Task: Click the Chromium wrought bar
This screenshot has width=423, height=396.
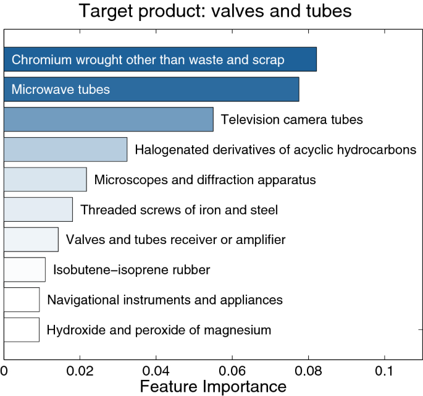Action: pyautogui.click(x=160, y=59)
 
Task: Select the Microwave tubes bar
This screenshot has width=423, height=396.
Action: pyautogui.click(x=151, y=89)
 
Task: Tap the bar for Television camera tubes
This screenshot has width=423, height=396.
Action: pyautogui.click(x=109, y=119)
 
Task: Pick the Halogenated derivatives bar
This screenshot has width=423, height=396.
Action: pyautogui.click(x=65, y=150)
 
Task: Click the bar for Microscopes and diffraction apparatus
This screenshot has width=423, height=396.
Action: pyautogui.click(x=45, y=179)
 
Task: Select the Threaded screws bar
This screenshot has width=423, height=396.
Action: pyautogui.click(x=38, y=209)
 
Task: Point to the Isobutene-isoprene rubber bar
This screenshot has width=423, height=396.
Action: pyautogui.click(x=25, y=269)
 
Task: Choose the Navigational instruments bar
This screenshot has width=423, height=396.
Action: pyautogui.click(x=22, y=300)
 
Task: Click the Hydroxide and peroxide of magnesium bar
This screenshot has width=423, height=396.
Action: pyautogui.click(x=22, y=329)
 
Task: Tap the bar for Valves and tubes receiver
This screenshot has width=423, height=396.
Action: pyautogui.click(x=31, y=239)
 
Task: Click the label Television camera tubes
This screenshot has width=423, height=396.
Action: pyautogui.click(x=291, y=119)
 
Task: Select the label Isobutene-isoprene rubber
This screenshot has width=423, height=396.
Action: pyautogui.click(x=132, y=270)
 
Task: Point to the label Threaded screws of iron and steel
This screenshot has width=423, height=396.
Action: pyautogui.click(x=179, y=210)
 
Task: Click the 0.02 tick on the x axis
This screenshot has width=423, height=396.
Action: pyautogui.click(x=80, y=373)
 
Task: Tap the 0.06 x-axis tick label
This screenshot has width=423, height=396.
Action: pyautogui.click(x=232, y=373)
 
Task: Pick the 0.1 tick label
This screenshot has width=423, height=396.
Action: pyautogui.click(x=385, y=373)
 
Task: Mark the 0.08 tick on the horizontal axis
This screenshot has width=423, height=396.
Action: pyautogui.click(x=309, y=373)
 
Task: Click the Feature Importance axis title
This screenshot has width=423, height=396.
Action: pyautogui.click(x=213, y=387)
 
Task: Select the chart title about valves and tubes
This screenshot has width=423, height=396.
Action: pyautogui.click(x=213, y=11)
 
